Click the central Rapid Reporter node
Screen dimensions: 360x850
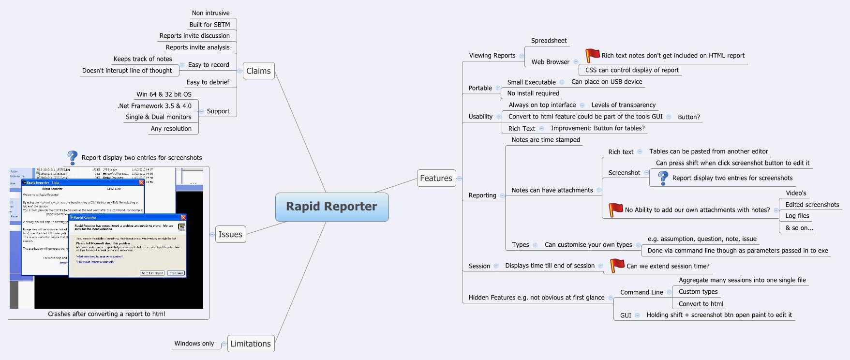pyautogui.click(x=331, y=207)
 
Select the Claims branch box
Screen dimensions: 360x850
pyautogui.click(x=258, y=71)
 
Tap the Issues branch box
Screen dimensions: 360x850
pyautogui.click(x=230, y=235)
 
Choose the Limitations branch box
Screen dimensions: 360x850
pyautogui.click(x=250, y=344)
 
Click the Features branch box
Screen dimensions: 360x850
pyautogui.click(x=436, y=179)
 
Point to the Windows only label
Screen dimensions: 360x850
pyautogui.click(x=194, y=344)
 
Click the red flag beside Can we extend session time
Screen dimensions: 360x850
pyautogui.click(x=617, y=265)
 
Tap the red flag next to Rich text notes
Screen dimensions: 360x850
pyautogui.click(x=592, y=55)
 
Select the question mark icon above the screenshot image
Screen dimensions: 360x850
pyautogui.click(x=72, y=157)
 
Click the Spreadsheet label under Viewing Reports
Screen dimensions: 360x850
pyautogui.click(x=549, y=41)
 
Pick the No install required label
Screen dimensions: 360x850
pyautogui.click(x=533, y=93)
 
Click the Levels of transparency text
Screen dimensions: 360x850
pyautogui.click(x=623, y=105)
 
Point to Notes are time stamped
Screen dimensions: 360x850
pyautogui.click(x=546, y=140)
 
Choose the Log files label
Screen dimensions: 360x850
pyautogui.click(x=797, y=216)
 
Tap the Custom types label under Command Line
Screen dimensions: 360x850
pyautogui.click(x=698, y=292)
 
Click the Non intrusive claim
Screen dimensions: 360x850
pyautogui.click(x=210, y=13)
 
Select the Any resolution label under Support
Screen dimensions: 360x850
pyautogui.click(x=171, y=129)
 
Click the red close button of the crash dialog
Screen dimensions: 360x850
pyautogui.click(x=183, y=217)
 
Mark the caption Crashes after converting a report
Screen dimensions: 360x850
pyautogui.click(x=106, y=314)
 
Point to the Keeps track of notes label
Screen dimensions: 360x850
pyautogui.click(x=143, y=59)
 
